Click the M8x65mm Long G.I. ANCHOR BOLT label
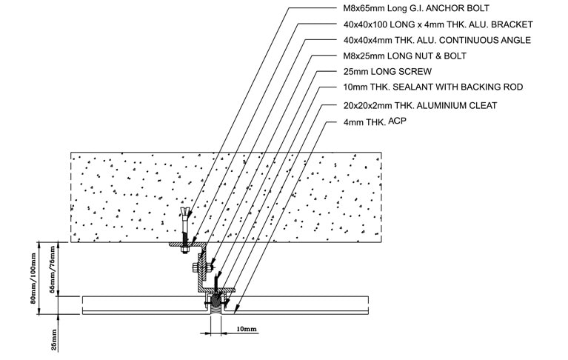coord(416,8)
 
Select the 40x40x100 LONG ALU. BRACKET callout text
coord(438,24)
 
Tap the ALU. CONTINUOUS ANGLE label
coord(437,40)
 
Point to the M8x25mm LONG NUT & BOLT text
coord(404,56)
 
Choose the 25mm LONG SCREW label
coord(387,71)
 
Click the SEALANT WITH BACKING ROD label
coord(433,87)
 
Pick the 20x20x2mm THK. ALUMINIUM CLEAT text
coord(420,105)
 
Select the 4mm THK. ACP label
coord(375,121)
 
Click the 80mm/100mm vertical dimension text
coord(33,279)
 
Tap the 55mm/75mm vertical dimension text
coord(52,269)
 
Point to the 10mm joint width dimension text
coord(247,329)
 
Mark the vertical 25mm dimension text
coord(53,340)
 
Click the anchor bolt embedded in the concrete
coord(185,229)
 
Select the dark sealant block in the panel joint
coord(215,301)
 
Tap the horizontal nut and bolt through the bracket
coord(201,268)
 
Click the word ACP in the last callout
coord(398,121)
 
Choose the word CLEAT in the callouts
coord(484,105)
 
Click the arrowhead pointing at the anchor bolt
coord(188,214)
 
